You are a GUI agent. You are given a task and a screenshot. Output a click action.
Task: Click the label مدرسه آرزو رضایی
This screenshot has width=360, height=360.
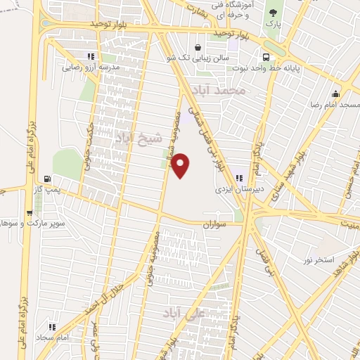click(x=91, y=68)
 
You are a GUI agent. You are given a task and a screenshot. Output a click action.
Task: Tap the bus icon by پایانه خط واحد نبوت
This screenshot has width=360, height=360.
click(x=266, y=57)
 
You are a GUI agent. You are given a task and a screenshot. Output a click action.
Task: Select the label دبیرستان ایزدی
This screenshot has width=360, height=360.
click(x=239, y=189)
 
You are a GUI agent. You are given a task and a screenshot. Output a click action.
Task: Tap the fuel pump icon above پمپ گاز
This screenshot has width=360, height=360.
click(x=47, y=179)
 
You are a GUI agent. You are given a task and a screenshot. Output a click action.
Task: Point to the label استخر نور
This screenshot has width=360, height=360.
click(x=318, y=260)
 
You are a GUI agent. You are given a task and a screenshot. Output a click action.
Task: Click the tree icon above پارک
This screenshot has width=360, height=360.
click(x=272, y=12)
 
